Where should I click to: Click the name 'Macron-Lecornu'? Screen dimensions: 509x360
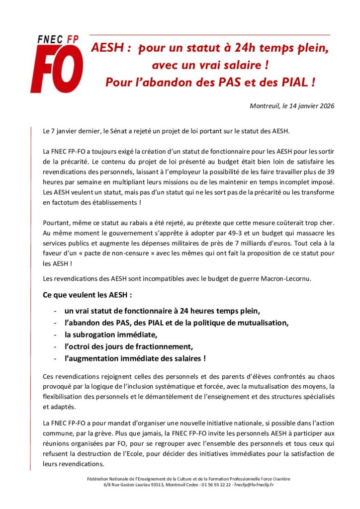(x=286, y=278)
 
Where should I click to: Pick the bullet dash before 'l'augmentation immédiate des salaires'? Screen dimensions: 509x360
(x=54, y=358)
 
